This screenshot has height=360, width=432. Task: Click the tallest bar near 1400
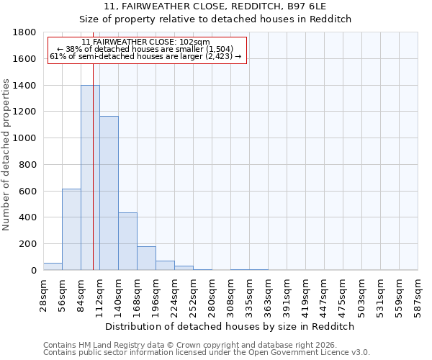pyautogui.click(x=90, y=178)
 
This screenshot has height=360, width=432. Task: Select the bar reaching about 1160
pyautogui.click(x=109, y=193)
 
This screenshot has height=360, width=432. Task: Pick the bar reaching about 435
pyautogui.click(x=127, y=241)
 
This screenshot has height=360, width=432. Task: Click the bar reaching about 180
pyautogui.click(x=146, y=258)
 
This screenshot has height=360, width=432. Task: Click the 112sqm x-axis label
pyautogui.click(x=99, y=294)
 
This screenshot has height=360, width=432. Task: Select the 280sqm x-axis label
pyautogui.click(x=212, y=294)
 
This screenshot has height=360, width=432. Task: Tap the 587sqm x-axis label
pyautogui.click(x=418, y=294)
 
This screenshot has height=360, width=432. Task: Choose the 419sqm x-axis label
pyautogui.click(x=305, y=294)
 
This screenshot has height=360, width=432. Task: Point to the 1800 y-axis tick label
pyautogui.click(x=25, y=32)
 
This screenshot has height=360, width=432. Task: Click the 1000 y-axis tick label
pyautogui.click(x=25, y=138)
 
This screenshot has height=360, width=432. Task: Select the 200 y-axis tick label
pyautogui.click(x=28, y=244)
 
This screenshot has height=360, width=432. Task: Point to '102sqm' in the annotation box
pyautogui.click(x=196, y=42)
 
